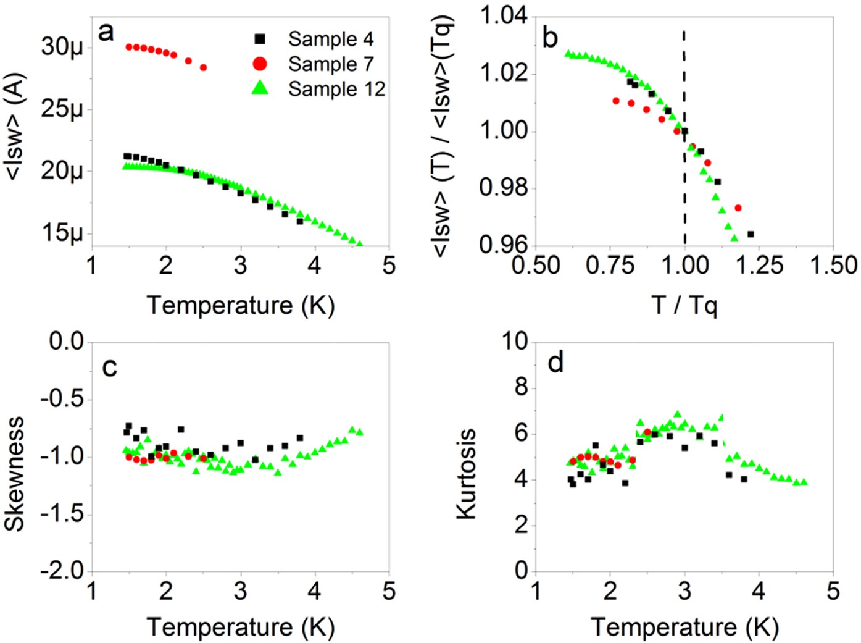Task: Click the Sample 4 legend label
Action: click(x=330, y=39)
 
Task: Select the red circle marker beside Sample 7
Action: click(x=260, y=64)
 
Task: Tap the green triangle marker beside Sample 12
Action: click(x=260, y=88)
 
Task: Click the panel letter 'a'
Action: click(x=106, y=32)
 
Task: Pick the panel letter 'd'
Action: click(x=555, y=363)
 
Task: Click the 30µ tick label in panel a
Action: click(x=62, y=47)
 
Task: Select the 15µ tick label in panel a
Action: click(x=62, y=233)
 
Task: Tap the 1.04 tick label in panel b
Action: click(x=504, y=15)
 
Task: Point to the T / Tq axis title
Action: click(x=684, y=305)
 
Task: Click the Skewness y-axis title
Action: click(x=15, y=474)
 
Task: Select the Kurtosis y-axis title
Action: click(x=467, y=474)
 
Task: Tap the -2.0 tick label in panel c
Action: click(x=62, y=571)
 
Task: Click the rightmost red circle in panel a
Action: click(x=204, y=67)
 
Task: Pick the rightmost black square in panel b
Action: click(x=751, y=234)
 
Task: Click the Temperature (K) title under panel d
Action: click(x=684, y=627)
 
